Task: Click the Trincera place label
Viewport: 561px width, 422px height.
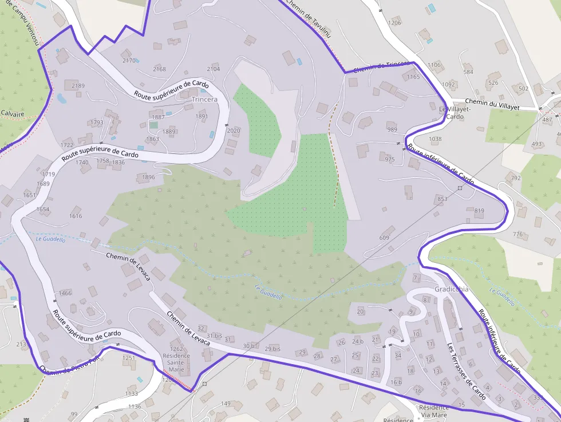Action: pyautogui.click(x=205, y=100)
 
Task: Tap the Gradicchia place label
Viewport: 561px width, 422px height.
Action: pyautogui.click(x=451, y=289)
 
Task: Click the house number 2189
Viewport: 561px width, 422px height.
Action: pyautogui.click(x=78, y=86)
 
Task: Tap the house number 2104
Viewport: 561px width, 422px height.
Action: pyautogui.click(x=213, y=69)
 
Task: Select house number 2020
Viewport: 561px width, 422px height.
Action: pyautogui.click(x=234, y=131)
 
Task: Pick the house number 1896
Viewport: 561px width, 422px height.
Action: pyautogui.click(x=148, y=178)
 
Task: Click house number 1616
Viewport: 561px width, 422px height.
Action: pyautogui.click(x=76, y=216)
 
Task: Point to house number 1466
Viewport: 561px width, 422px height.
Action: pyautogui.click(x=65, y=293)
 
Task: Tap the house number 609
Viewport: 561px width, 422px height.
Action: pyautogui.click(x=384, y=238)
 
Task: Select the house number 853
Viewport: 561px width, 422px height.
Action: pyautogui.click(x=442, y=199)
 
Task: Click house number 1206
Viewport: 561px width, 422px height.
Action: pyautogui.click(x=394, y=23)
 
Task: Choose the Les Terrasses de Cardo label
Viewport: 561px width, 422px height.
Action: pyautogui.click(x=466, y=372)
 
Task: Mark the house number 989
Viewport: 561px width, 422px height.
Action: pyautogui.click(x=392, y=130)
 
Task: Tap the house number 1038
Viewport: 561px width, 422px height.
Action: pyautogui.click(x=435, y=139)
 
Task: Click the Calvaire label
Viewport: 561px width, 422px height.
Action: pyautogui.click(x=12, y=113)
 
